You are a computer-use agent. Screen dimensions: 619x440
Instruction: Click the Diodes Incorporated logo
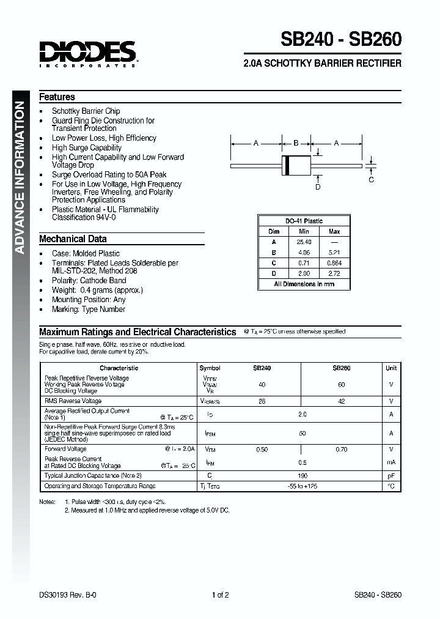[88, 53]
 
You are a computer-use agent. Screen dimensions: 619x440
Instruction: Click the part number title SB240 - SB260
[341, 39]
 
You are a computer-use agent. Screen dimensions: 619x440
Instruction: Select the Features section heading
[57, 97]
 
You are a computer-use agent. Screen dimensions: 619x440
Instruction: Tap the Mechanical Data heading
[73, 239]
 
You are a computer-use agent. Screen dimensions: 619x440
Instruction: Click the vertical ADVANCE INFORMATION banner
[20, 177]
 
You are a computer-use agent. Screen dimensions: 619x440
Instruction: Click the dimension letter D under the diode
[318, 187]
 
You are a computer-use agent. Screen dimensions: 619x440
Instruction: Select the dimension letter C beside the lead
[371, 179]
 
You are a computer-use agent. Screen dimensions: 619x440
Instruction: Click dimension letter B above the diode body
[296, 143]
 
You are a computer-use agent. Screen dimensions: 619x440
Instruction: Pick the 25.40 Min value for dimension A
[304, 242]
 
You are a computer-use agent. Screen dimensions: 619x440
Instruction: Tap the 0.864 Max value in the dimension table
[334, 263]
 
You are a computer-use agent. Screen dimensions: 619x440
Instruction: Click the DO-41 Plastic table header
[304, 221]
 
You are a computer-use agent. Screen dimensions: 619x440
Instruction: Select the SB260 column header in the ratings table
[341, 368]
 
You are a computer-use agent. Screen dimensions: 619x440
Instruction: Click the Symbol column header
[210, 368]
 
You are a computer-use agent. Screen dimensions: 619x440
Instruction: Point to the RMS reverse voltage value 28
[262, 401]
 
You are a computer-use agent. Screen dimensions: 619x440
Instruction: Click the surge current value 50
[302, 433]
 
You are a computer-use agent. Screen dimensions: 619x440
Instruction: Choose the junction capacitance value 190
[302, 475]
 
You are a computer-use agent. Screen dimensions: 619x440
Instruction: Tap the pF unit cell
[391, 475]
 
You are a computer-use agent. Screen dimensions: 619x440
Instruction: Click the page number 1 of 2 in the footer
[220, 595]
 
